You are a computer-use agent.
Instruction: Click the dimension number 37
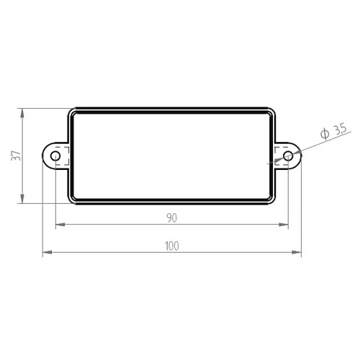point(17,156)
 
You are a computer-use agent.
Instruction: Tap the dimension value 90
point(172,218)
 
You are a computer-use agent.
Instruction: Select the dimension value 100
point(172,246)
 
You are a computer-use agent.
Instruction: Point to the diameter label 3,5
point(341,130)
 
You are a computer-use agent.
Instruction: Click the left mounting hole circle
point(55,156)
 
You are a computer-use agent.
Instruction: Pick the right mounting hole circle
point(288,156)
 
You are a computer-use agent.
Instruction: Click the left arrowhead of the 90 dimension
point(60,225)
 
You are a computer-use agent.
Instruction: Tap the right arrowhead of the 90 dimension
point(283,225)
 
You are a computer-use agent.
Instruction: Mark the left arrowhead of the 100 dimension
point(47,252)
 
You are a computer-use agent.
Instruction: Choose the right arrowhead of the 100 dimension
point(297,252)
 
